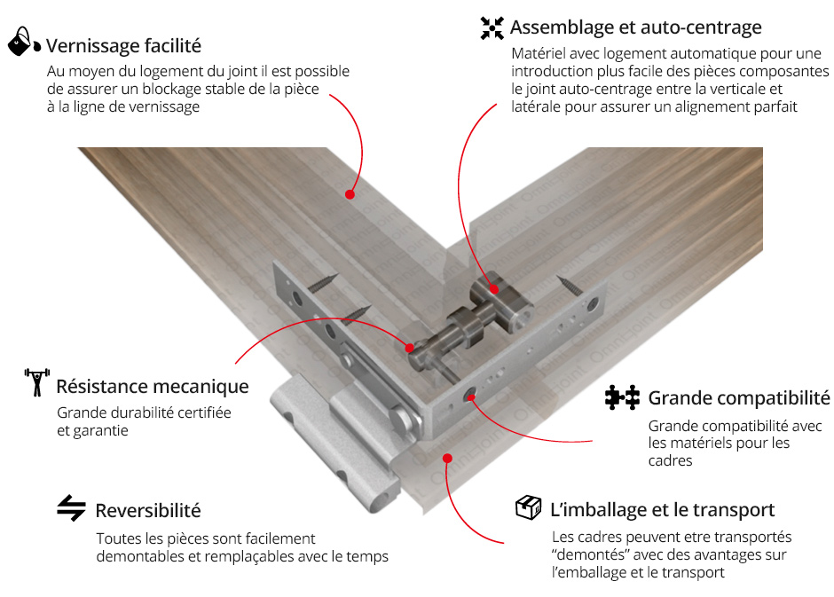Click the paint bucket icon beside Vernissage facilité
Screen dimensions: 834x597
(x=24, y=41)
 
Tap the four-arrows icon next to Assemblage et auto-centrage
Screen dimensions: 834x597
(x=492, y=28)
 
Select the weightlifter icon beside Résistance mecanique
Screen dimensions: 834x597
(x=36, y=381)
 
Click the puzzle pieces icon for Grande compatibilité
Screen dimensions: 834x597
(x=622, y=397)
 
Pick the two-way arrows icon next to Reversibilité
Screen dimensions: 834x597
(x=71, y=507)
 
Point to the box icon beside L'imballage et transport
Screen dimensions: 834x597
(x=528, y=507)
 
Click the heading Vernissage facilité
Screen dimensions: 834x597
(x=123, y=46)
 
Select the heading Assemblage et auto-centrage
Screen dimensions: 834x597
(x=635, y=27)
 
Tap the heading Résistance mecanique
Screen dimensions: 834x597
(x=152, y=387)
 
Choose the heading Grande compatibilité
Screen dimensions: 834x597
(x=739, y=397)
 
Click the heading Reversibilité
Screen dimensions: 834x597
(x=148, y=510)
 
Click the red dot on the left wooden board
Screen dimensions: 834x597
(x=350, y=194)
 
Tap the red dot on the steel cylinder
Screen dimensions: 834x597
(x=494, y=289)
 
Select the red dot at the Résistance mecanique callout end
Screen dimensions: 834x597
(x=410, y=349)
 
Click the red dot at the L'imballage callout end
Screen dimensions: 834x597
(x=448, y=459)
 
